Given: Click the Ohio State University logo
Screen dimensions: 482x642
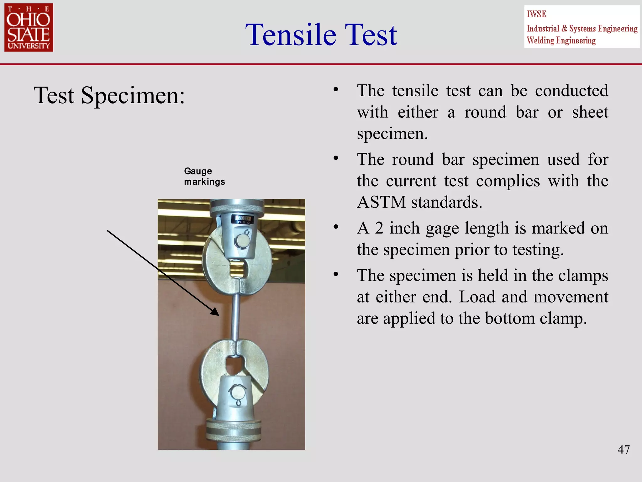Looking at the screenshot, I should pos(29,28).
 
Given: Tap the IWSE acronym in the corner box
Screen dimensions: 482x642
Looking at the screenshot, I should pos(536,14).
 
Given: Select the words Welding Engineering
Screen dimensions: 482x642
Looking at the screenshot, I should pos(561,40).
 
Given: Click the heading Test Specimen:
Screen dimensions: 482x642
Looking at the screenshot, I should pos(109,95).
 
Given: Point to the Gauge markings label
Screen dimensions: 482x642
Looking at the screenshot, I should pos(204,176).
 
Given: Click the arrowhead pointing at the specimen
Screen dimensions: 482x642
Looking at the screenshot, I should pos(215,312).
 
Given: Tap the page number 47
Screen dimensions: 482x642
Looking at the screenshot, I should pos(623,449).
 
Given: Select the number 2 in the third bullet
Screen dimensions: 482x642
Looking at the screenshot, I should pos(379,228).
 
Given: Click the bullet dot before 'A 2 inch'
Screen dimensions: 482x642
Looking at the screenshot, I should pos(336,227).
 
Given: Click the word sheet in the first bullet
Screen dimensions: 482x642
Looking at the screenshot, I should pos(590,112).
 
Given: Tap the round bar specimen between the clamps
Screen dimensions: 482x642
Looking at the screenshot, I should pos(235,317).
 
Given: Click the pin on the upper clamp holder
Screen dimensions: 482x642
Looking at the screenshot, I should pos(243,241).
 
